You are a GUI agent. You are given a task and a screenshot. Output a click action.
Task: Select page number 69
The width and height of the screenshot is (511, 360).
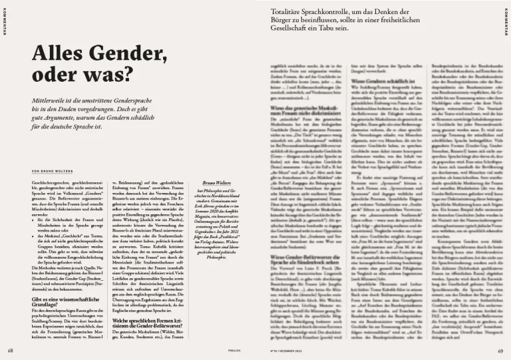500,350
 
